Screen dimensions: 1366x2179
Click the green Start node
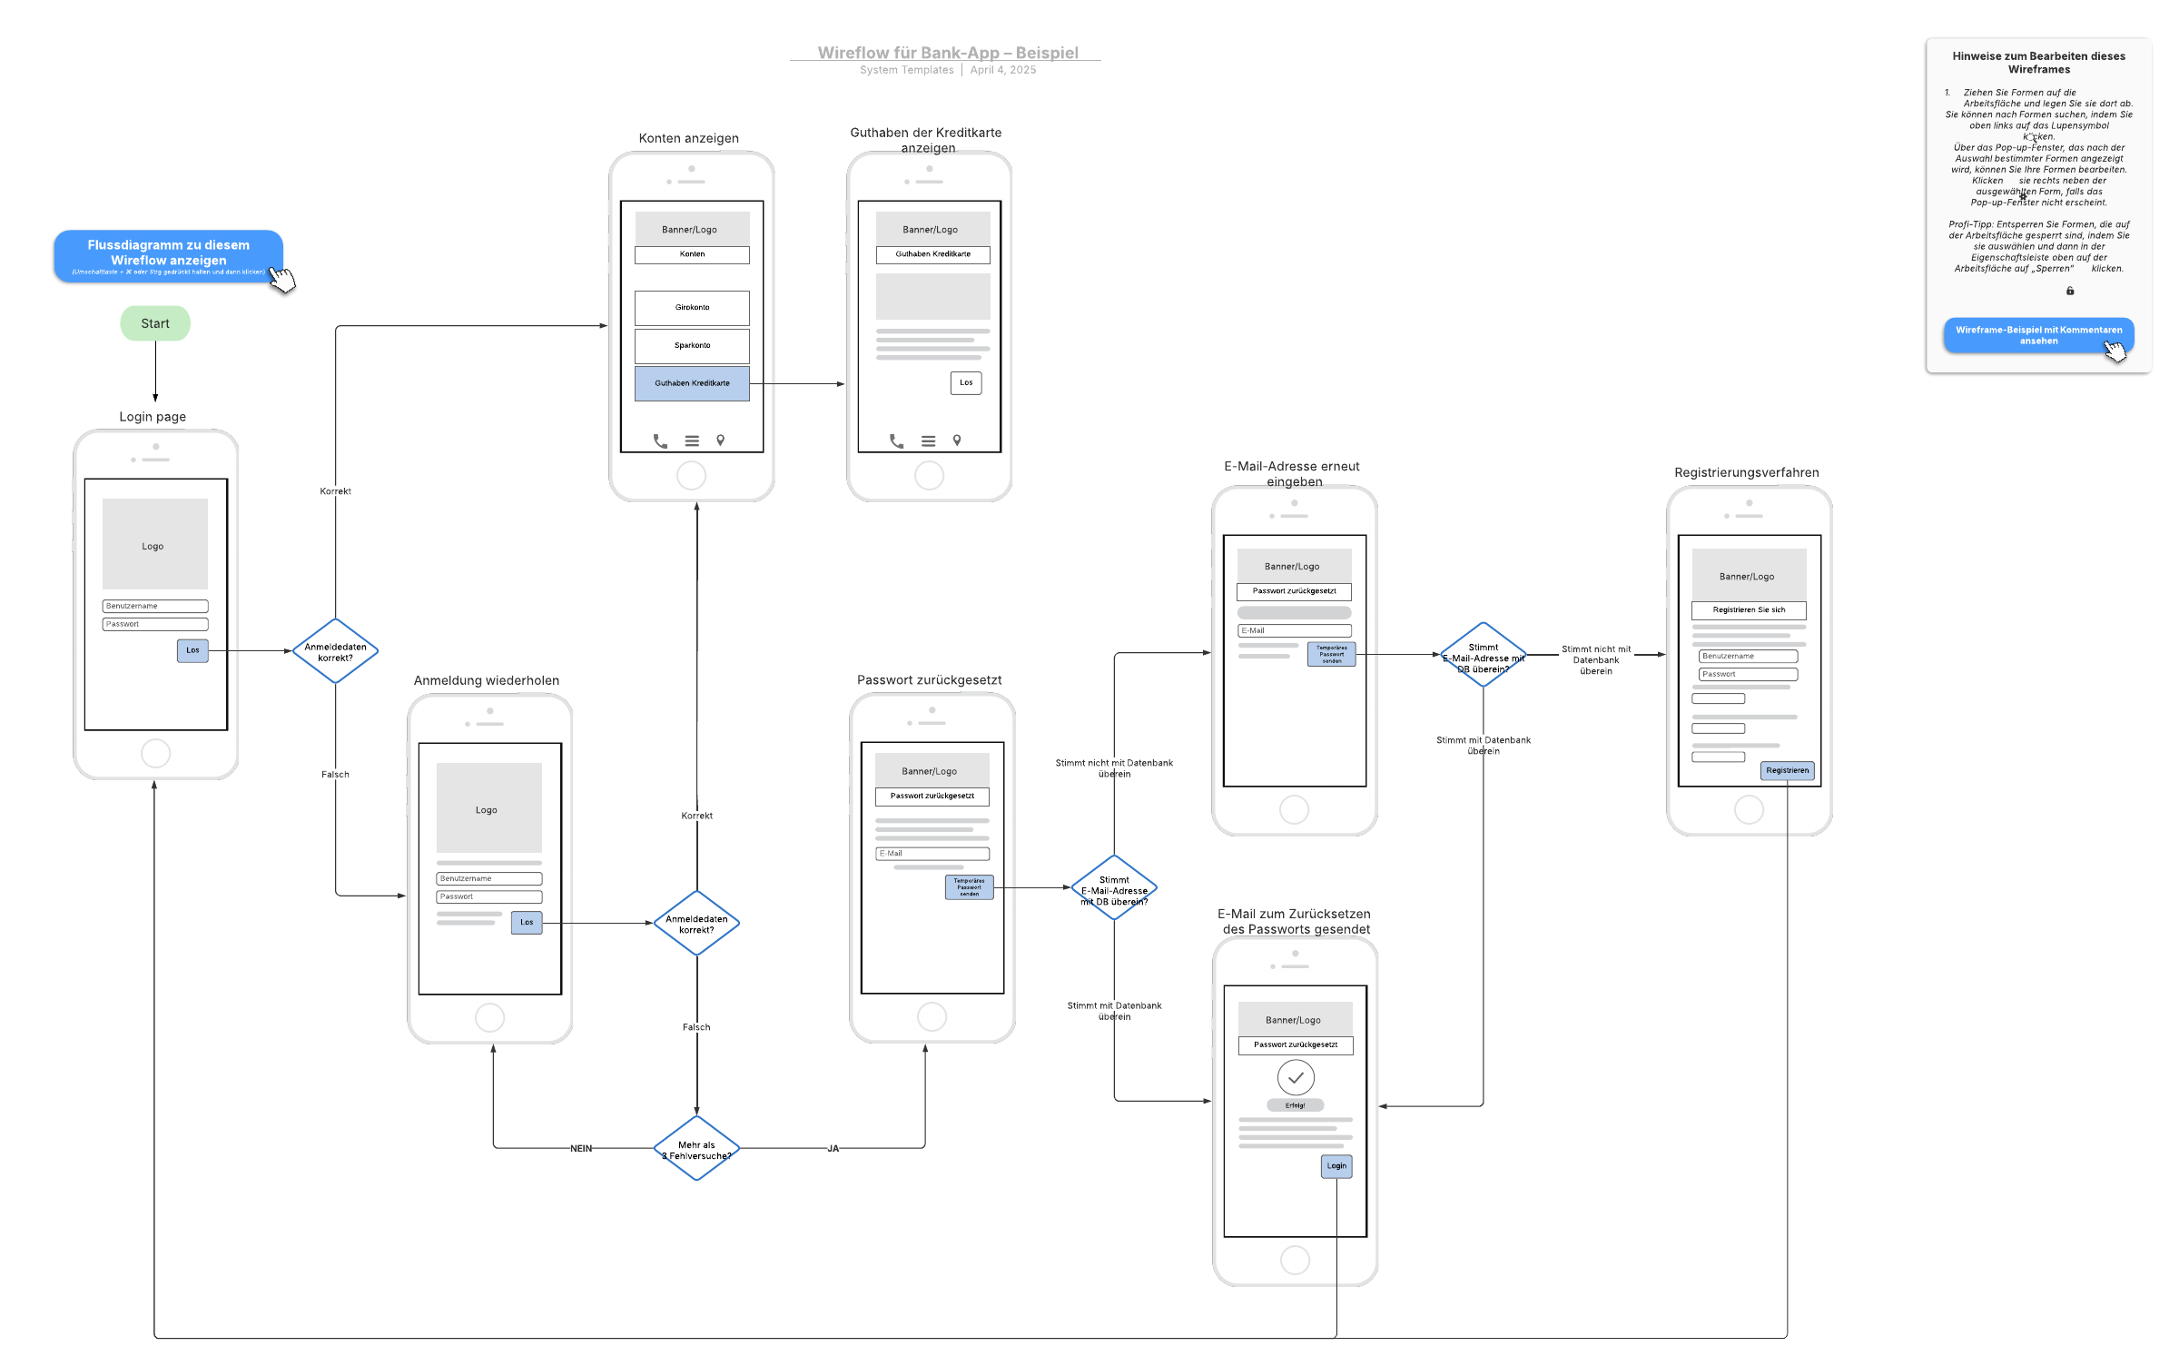click(155, 323)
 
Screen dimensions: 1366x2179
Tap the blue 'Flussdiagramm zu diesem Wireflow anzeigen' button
click(168, 255)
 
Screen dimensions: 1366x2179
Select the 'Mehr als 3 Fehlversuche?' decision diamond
click(696, 1149)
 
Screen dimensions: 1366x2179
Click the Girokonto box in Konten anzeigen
click(692, 308)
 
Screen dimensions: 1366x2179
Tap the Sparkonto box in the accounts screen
click(692, 346)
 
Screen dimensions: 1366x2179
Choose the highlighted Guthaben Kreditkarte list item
click(692, 383)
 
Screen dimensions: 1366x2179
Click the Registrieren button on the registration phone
click(1787, 770)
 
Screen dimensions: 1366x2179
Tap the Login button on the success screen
click(1336, 1166)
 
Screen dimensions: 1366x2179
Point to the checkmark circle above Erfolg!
click(1296, 1078)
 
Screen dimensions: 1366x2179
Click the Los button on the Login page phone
click(192, 650)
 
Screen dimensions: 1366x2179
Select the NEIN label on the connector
click(581, 1149)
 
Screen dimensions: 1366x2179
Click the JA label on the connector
click(833, 1149)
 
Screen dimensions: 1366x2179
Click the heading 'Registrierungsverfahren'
click(1746, 472)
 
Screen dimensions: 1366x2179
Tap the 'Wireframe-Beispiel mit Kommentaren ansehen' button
click(2038, 335)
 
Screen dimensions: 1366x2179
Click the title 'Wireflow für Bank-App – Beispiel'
click(948, 53)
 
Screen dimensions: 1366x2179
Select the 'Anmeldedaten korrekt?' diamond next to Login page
click(335, 652)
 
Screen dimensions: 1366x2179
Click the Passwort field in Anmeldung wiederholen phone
click(488, 896)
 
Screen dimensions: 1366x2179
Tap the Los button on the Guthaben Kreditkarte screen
click(966, 382)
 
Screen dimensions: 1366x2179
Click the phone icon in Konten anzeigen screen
click(660, 441)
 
